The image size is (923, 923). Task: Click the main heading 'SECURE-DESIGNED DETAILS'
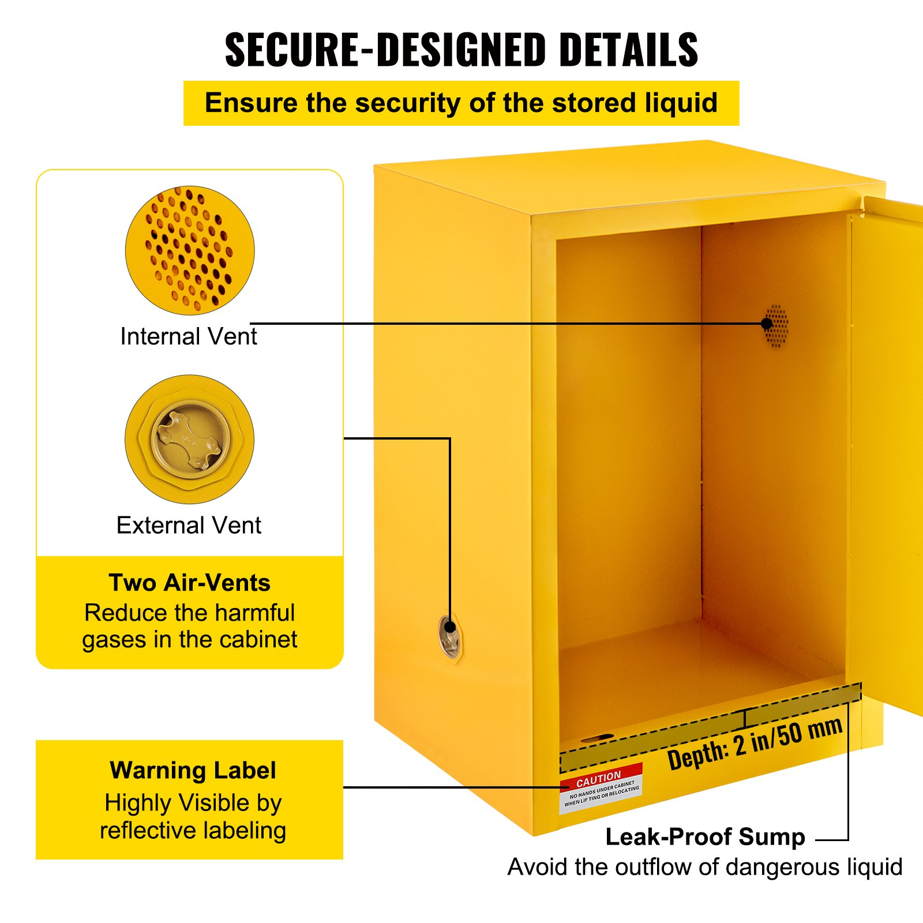pos(461,50)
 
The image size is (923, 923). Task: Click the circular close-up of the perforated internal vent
pos(190,250)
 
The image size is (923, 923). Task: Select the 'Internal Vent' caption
pos(188,336)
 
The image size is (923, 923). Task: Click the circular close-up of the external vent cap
pos(190,439)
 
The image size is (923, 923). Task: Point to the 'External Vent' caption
pos(189,526)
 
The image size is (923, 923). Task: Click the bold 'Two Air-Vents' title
pos(189,583)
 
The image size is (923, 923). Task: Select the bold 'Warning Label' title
pos(193,771)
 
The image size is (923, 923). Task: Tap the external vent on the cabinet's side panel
pos(449,637)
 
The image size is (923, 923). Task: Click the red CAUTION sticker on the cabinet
pos(601,788)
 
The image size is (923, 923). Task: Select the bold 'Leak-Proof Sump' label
pos(705,836)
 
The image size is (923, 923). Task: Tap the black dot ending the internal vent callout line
pos(767,324)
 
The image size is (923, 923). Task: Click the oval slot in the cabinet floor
pos(598,738)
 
